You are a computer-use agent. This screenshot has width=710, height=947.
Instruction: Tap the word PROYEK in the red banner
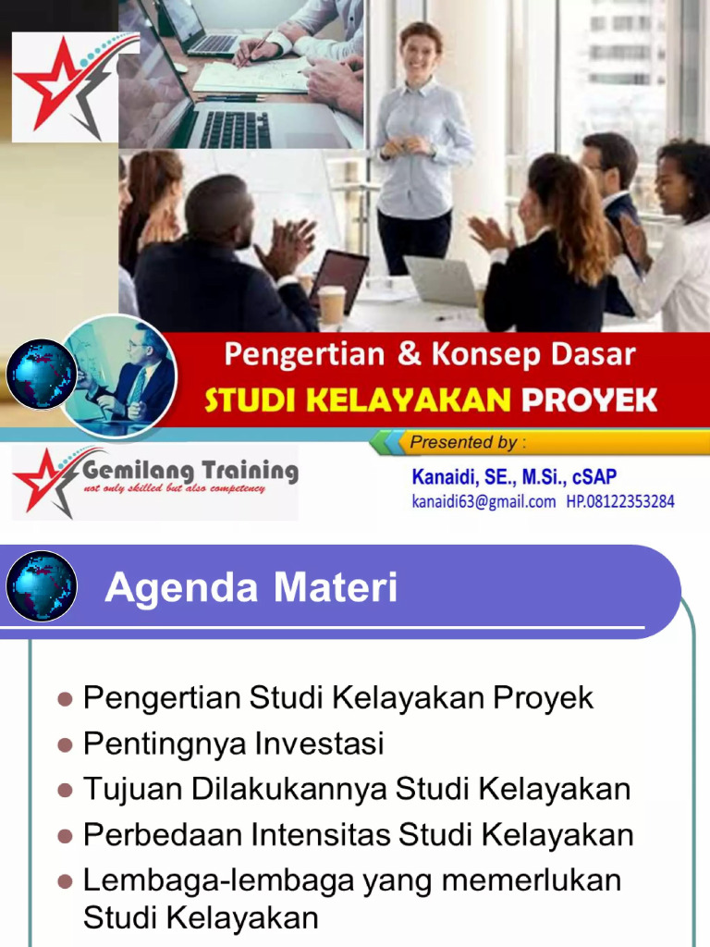(589, 400)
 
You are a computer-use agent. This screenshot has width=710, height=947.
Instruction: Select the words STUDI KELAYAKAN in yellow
(357, 400)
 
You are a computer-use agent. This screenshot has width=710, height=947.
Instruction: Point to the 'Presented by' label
(464, 442)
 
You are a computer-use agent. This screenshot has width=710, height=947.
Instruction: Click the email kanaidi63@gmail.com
(484, 502)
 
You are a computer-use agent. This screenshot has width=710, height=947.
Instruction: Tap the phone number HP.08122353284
(620, 502)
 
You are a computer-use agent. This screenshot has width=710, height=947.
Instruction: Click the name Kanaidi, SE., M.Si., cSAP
(514, 478)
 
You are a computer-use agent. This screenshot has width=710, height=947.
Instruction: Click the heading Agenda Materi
(251, 588)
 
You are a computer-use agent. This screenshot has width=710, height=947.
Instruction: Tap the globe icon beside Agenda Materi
(41, 586)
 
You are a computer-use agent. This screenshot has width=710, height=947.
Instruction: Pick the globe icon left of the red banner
(41, 375)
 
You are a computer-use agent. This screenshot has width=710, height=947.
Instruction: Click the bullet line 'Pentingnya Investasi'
(233, 744)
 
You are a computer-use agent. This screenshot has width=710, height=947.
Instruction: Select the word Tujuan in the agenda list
(133, 790)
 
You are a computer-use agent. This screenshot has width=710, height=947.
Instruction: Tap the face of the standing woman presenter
(421, 52)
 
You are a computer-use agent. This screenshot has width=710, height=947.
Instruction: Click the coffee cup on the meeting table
(331, 303)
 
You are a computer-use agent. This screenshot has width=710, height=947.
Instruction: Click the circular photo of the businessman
(118, 375)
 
